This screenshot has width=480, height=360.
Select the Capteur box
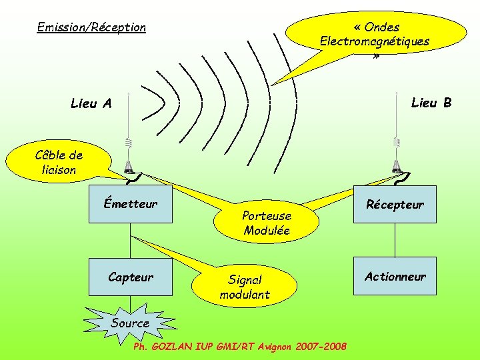point(131,277)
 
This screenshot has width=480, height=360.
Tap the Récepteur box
point(395,204)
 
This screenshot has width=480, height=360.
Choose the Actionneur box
point(395,276)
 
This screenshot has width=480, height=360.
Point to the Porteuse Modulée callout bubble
point(266,223)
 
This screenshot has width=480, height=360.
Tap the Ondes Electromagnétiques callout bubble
point(377,40)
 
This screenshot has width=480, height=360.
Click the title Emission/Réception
point(91,27)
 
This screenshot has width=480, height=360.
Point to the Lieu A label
point(91,103)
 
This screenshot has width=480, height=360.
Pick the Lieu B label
point(431,102)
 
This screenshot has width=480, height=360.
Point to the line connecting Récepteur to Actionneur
point(395,239)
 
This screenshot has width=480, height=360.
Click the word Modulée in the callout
point(267,231)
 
